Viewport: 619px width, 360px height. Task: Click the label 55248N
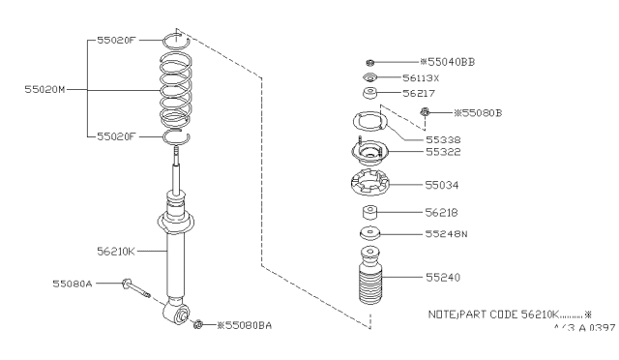[447, 233]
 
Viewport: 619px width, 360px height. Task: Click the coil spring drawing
[177, 91]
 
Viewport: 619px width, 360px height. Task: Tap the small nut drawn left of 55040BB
[370, 61]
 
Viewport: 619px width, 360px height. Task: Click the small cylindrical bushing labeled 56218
[369, 213]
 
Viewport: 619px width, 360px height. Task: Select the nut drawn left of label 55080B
[426, 114]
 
